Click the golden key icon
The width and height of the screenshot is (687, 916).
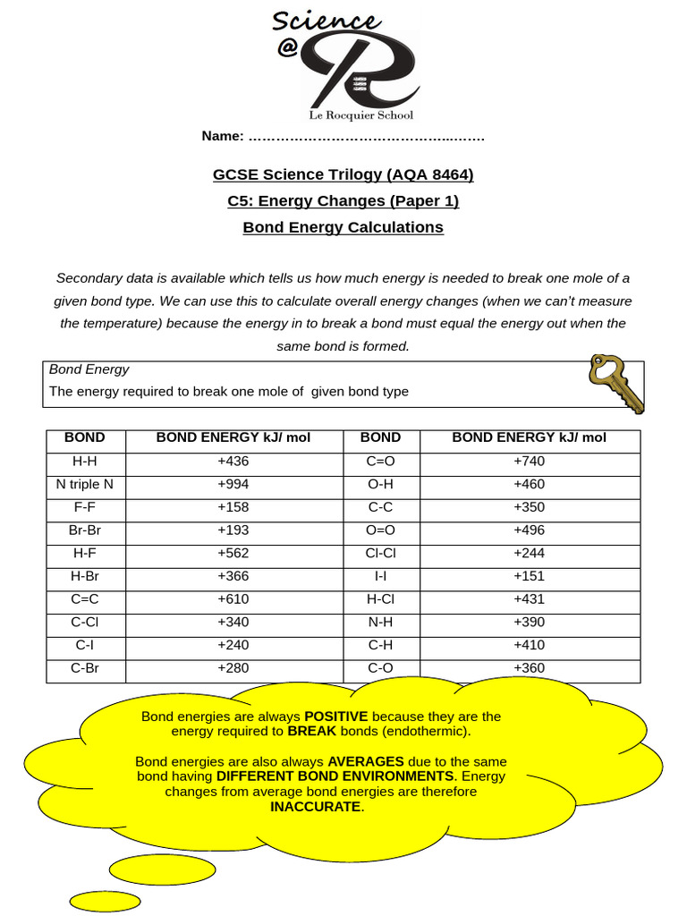(x=615, y=383)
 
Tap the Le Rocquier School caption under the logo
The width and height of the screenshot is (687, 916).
(x=360, y=114)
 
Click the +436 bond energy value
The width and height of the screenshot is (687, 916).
(x=233, y=462)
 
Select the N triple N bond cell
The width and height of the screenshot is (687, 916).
(x=85, y=484)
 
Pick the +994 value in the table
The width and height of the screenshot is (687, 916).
(x=233, y=484)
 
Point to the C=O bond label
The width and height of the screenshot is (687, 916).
(x=380, y=462)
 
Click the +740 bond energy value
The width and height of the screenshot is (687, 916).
(x=529, y=462)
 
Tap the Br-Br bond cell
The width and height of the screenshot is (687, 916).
(x=85, y=530)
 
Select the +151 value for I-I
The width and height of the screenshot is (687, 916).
(x=529, y=576)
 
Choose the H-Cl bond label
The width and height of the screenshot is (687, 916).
(x=380, y=599)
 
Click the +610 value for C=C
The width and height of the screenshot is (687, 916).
(x=233, y=599)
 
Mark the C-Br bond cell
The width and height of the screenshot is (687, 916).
(x=85, y=668)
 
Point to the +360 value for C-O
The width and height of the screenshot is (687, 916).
(x=529, y=668)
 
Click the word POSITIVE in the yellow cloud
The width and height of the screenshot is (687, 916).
(x=336, y=717)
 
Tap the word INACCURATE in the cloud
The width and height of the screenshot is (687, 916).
(x=317, y=807)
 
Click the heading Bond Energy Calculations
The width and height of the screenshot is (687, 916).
(x=343, y=227)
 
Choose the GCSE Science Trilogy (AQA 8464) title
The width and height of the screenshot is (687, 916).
(x=343, y=174)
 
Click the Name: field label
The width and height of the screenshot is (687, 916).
(x=223, y=136)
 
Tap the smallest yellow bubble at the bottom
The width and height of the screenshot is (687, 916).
(x=106, y=900)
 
